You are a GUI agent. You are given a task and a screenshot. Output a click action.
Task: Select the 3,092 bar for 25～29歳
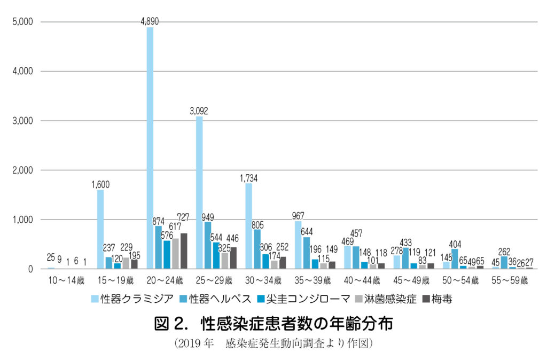[x=199, y=192]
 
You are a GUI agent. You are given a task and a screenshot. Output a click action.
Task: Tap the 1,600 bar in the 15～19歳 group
[x=100, y=229]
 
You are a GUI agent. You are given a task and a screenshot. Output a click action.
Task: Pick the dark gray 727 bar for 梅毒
[x=184, y=251]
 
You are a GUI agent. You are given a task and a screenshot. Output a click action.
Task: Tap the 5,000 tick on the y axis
[x=22, y=22]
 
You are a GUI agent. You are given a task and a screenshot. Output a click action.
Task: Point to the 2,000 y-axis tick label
[x=22, y=170]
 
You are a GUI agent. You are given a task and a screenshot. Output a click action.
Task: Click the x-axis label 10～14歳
[x=67, y=280]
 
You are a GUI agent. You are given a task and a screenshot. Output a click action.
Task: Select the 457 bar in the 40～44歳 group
[x=356, y=257]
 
